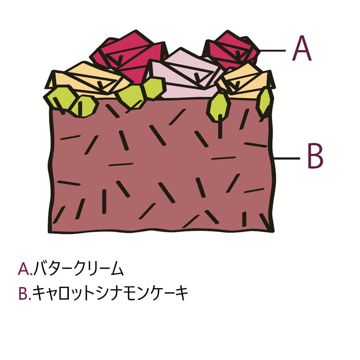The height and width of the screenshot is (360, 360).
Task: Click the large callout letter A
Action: [x=301, y=48]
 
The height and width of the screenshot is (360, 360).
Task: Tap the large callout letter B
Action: [x=315, y=156]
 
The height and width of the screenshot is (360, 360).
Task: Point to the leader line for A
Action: [x=273, y=50]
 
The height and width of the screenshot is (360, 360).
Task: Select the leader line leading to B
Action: [x=287, y=158]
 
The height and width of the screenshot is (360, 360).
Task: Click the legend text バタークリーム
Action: [x=78, y=268]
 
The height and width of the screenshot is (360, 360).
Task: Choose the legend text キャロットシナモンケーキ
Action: [x=110, y=293]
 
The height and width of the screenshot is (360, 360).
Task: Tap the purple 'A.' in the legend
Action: [x=24, y=269]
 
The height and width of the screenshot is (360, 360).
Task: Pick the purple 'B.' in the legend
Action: [x=24, y=293]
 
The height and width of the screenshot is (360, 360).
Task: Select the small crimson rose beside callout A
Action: [x=232, y=50]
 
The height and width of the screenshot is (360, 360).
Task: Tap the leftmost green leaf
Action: [x=60, y=98]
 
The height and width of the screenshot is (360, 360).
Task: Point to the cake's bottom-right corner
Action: [x=273, y=231]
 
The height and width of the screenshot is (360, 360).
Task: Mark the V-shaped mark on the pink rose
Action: [x=197, y=77]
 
